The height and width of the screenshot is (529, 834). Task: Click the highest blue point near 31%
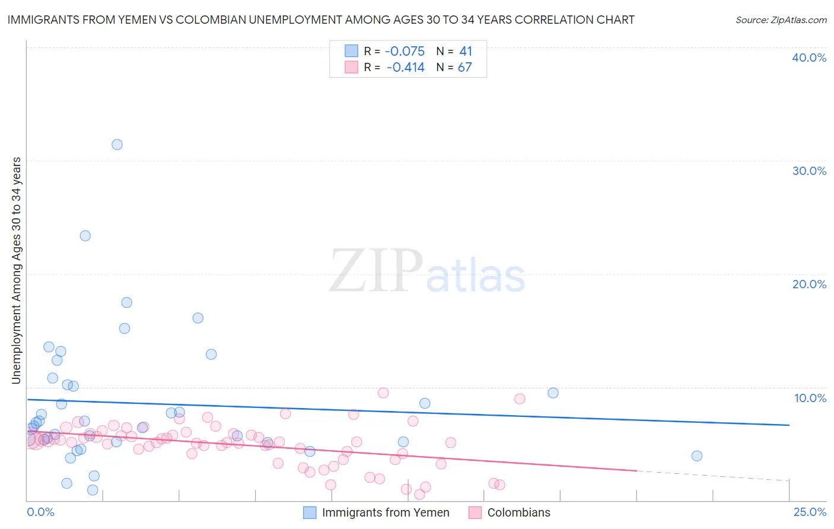(117, 145)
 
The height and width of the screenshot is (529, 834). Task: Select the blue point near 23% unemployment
(85, 235)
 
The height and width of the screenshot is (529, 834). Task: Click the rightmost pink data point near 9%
(520, 399)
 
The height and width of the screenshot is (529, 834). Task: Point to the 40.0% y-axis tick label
(809, 58)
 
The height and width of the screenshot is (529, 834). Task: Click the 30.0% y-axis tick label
(809, 171)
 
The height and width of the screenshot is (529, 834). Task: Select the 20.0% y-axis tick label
(809, 284)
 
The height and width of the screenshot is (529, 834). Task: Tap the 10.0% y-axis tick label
(810, 398)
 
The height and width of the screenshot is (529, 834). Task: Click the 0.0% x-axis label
(40, 512)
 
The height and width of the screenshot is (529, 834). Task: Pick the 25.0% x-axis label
(810, 512)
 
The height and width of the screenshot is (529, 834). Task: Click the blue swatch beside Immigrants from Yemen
(310, 512)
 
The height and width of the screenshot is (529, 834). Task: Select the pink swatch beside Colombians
(475, 512)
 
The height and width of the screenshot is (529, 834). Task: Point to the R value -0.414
(406, 68)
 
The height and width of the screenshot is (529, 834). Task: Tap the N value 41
(466, 52)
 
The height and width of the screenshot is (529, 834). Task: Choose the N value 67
(465, 68)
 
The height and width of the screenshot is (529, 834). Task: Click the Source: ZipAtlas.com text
(781, 20)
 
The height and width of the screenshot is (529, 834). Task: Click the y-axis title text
(17, 270)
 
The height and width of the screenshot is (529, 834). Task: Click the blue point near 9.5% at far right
(553, 393)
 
